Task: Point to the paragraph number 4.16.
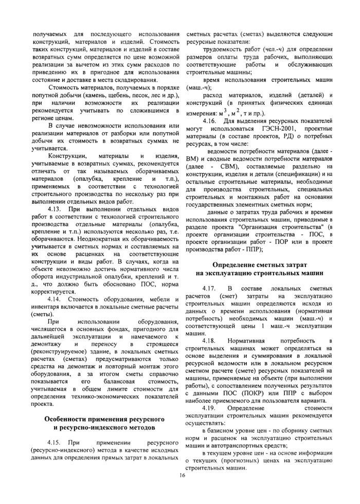coord(211,120)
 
